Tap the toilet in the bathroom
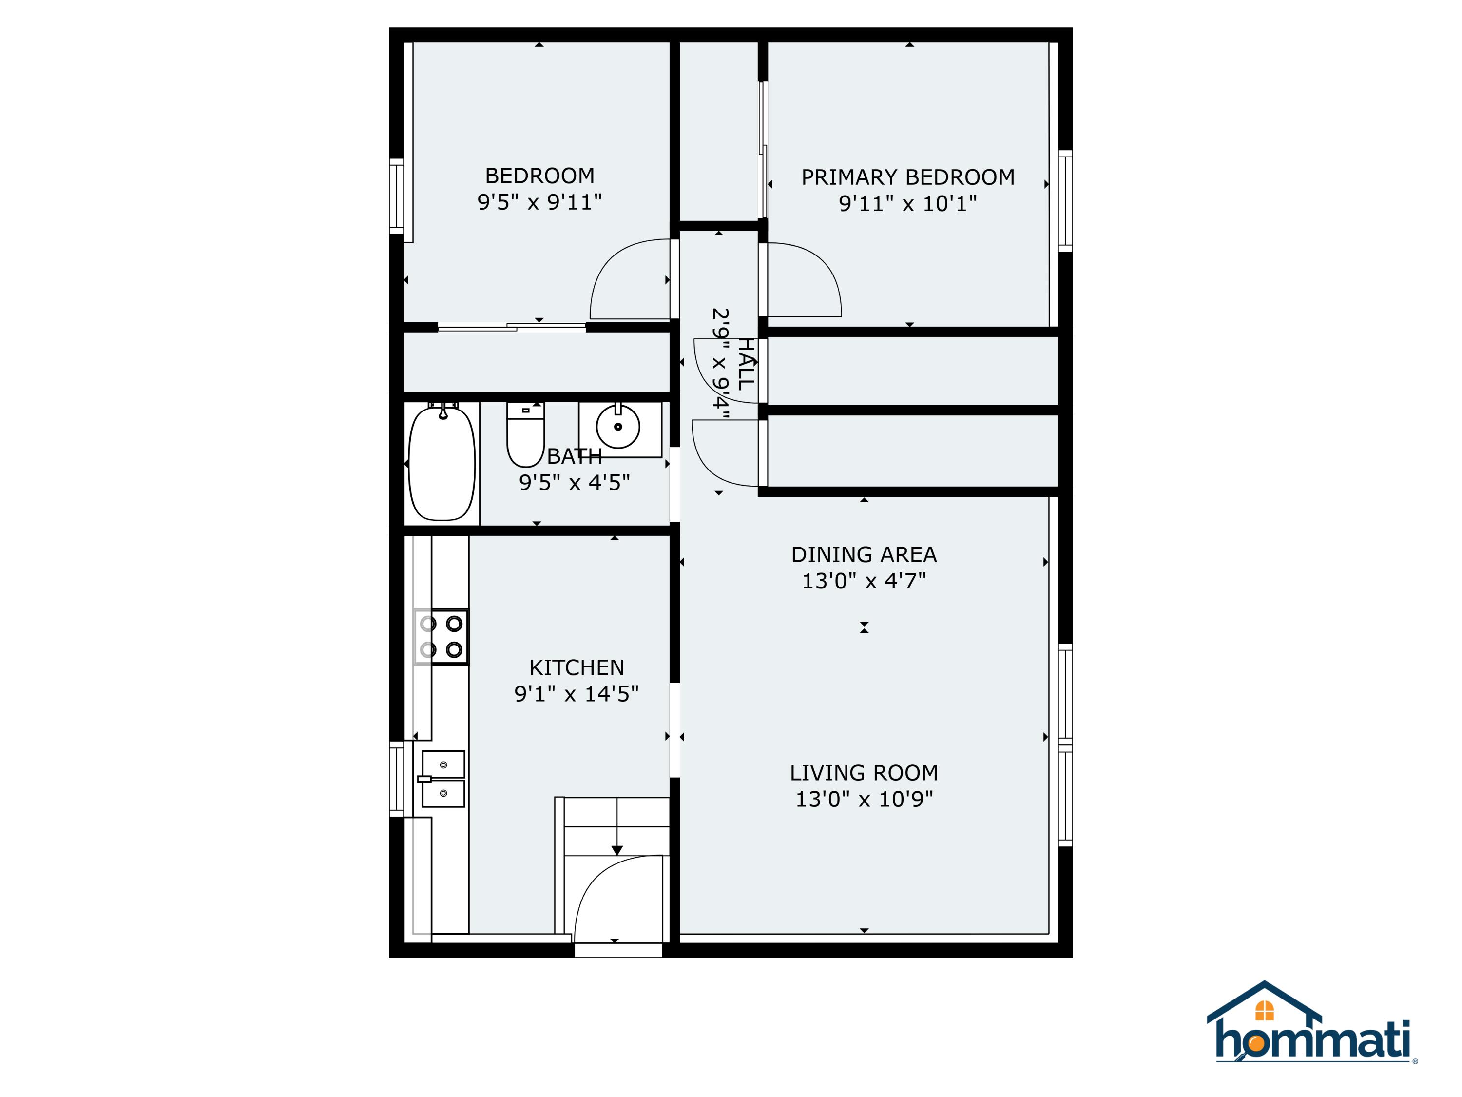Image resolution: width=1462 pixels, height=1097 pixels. click(x=525, y=434)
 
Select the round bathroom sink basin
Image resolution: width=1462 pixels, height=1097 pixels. click(x=618, y=427)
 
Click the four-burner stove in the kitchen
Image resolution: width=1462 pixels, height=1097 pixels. click(x=441, y=637)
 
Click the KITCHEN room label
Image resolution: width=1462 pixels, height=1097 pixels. click(x=577, y=667)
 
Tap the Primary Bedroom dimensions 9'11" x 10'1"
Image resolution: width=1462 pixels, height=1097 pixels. click(x=907, y=203)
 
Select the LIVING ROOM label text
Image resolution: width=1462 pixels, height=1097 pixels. click(x=864, y=772)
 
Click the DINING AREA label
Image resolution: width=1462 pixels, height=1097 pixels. click(x=864, y=554)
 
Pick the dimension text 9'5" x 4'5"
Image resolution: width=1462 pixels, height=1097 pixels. click(x=575, y=482)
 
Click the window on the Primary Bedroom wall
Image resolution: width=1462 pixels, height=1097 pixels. click(x=1065, y=200)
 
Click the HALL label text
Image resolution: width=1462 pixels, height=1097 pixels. click(x=746, y=364)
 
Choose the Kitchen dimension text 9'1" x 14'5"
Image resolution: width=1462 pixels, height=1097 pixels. click(x=577, y=694)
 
